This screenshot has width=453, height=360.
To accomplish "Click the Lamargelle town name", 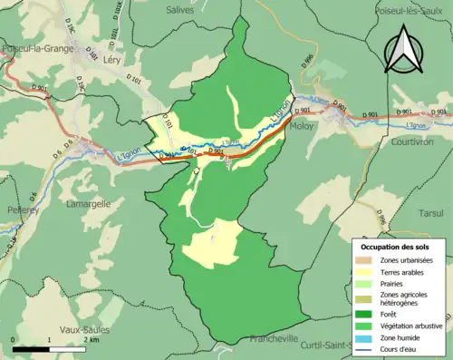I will click(88, 205).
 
